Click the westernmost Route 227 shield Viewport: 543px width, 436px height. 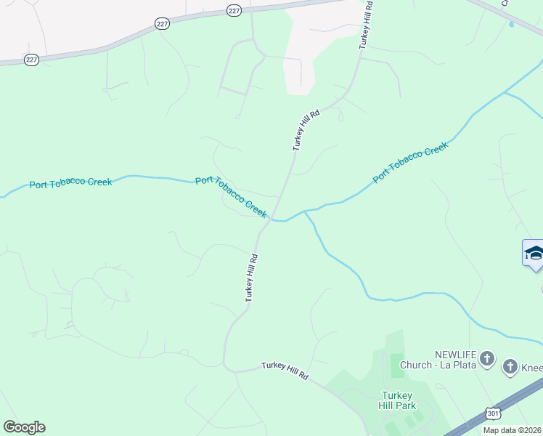[x=31, y=60]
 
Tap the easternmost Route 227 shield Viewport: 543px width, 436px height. [x=233, y=10]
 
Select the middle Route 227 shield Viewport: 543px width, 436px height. [x=162, y=24]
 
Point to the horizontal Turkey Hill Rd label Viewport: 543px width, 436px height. [x=285, y=371]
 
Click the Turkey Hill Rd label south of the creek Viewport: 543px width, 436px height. [x=251, y=278]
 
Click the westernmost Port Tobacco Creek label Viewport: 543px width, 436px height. [x=70, y=183]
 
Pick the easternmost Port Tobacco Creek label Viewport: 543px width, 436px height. [x=410, y=163]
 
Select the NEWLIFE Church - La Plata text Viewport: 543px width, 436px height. [x=456, y=359]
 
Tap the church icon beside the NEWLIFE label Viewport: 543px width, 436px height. [x=487, y=358]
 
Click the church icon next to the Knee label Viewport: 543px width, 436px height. [x=510, y=367]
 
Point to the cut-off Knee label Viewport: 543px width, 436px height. [x=531, y=368]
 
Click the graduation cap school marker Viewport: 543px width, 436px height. [x=534, y=254]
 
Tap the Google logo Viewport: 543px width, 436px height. [x=24, y=427]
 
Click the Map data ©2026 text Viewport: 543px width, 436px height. [x=513, y=430]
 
